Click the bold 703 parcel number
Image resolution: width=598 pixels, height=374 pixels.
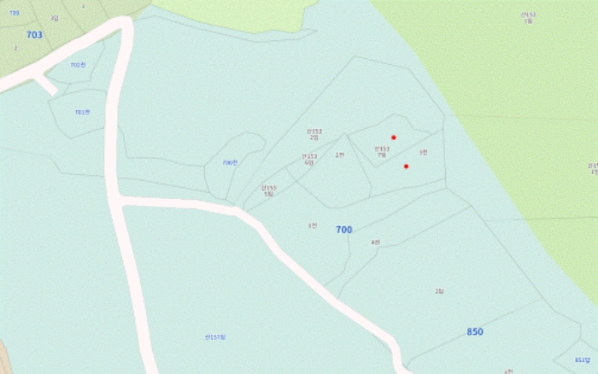tap(34, 35)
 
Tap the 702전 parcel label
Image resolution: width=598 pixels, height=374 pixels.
tap(78, 65)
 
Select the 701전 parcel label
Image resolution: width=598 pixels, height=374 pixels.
tap(82, 112)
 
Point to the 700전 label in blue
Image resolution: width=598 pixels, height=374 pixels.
tap(230, 162)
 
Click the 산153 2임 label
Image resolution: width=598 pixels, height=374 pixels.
tap(314, 134)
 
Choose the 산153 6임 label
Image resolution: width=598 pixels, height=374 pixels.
tap(309, 159)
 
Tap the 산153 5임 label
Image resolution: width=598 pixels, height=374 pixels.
tap(269, 190)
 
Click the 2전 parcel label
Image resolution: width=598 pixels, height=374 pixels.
tap(339, 155)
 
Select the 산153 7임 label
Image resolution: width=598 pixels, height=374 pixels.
tap(382, 151)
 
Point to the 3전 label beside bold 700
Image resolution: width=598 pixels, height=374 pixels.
tap(313, 225)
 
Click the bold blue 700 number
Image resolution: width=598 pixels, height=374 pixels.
tap(343, 230)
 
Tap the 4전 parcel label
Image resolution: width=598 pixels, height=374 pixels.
tap(375, 243)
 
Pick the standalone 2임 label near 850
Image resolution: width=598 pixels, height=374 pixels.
tap(439, 291)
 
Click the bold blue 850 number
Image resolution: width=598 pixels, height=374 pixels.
tap(475, 331)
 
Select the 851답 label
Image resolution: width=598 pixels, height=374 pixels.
tap(582, 359)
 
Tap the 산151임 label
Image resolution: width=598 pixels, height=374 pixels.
tap(215, 336)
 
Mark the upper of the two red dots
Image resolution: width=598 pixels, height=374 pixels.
tap(394, 137)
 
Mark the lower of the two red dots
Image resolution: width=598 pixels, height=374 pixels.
tap(406, 167)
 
